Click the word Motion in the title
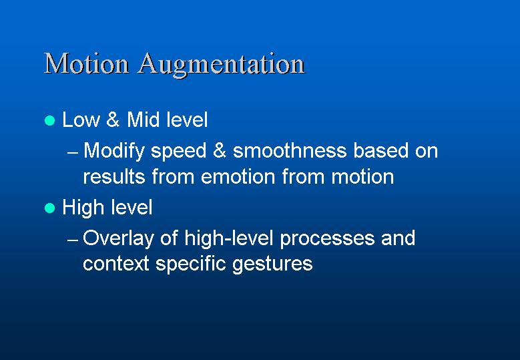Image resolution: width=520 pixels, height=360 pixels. (86, 63)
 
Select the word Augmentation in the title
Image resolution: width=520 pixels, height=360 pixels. (221, 65)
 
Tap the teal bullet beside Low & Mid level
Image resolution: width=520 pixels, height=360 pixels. (50, 120)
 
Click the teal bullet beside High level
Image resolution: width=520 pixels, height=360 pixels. (50, 208)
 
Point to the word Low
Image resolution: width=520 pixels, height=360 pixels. (81, 120)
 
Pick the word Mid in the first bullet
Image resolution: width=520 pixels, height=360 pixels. (144, 120)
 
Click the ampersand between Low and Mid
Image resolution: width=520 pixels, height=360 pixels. (113, 120)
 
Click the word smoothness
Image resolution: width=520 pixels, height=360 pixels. (290, 151)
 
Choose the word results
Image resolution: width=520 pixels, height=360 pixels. (114, 176)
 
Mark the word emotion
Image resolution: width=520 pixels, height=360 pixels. (238, 176)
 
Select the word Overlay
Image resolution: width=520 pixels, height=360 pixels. (118, 239)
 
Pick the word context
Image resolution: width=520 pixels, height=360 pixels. (115, 264)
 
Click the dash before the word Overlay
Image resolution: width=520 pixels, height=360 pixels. (73, 240)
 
